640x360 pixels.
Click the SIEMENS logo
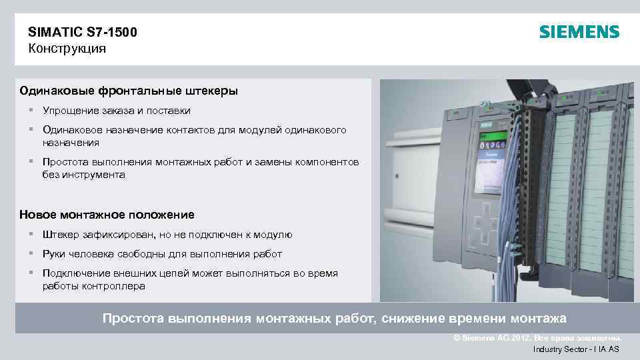[x=579, y=32]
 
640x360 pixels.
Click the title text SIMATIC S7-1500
[x=83, y=31]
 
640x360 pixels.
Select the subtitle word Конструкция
[x=67, y=48]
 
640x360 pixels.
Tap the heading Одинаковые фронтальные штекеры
[x=129, y=90]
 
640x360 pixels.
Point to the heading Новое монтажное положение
[x=107, y=215]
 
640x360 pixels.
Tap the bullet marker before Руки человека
[x=31, y=254]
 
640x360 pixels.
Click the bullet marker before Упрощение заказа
[x=31, y=110]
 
